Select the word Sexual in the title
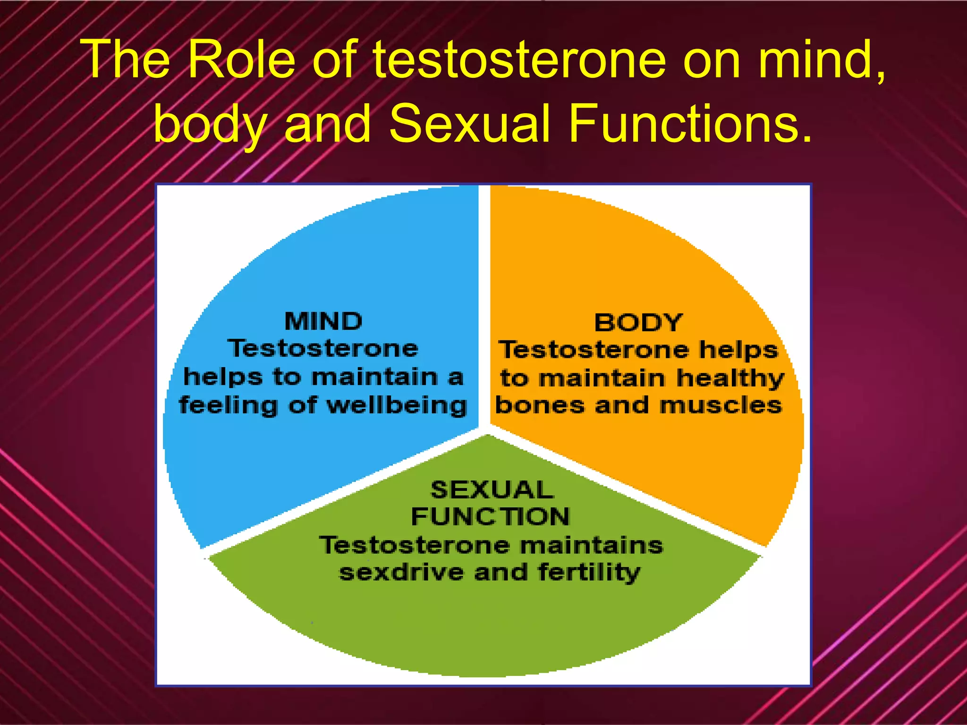(469, 124)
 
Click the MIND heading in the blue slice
(323, 321)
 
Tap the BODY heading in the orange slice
(638, 323)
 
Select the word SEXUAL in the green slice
(492, 489)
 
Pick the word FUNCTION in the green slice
(491, 516)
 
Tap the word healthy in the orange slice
(730, 379)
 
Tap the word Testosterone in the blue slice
(323, 349)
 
